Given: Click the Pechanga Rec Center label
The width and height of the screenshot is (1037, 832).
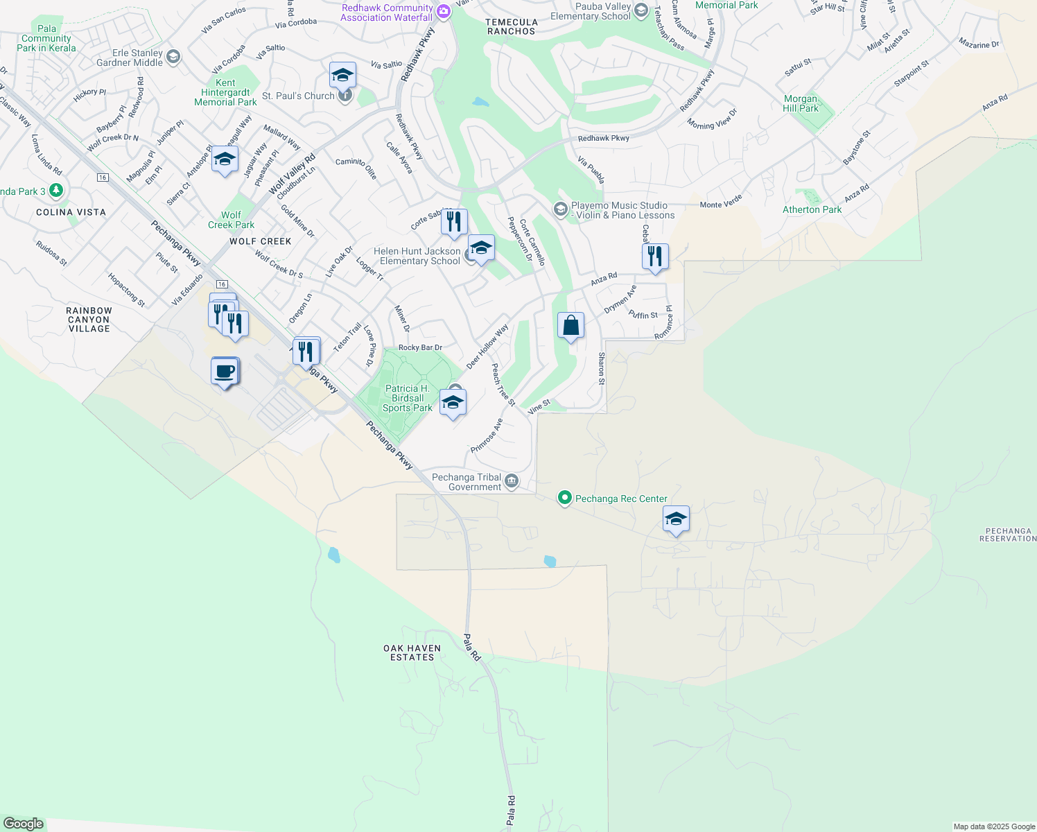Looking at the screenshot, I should (621, 499).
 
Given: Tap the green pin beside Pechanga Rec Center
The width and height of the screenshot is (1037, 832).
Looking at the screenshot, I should (565, 498).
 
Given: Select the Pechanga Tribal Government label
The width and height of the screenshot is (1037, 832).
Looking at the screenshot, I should (467, 482).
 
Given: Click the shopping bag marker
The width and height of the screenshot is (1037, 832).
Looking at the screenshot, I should (570, 326).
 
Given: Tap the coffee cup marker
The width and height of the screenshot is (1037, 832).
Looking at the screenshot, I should (225, 372).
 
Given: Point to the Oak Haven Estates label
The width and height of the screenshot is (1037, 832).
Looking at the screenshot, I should (412, 652).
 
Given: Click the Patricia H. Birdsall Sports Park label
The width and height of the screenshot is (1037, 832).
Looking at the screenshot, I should (408, 399).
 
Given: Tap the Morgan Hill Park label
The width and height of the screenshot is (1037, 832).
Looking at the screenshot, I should (801, 103).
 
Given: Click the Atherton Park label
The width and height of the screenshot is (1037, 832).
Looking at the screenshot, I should (812, 209).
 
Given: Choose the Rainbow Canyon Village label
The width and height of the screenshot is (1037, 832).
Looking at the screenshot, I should (89, 320).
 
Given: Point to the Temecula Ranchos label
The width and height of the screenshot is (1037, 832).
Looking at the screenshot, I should (512, 26).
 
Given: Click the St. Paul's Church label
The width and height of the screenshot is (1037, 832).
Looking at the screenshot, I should (299, 96).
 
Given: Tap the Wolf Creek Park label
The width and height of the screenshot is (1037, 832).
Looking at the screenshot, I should (232, 220).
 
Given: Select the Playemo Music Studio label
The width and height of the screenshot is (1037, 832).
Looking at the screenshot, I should (622, 210).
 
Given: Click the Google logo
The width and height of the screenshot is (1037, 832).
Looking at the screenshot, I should (24, 824).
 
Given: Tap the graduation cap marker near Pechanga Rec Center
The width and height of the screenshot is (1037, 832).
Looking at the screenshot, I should (676, 519).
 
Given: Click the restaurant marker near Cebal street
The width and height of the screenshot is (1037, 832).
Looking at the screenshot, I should (655, 257).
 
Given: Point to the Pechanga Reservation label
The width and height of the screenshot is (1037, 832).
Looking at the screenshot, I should (1008, 535).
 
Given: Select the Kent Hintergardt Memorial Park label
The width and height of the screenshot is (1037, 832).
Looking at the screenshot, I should (225, 92).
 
